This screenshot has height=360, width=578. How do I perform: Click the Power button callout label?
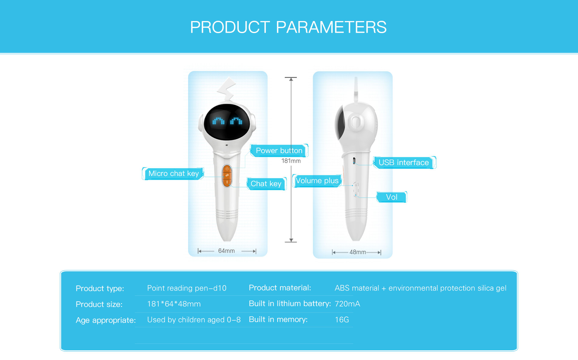[279, 150]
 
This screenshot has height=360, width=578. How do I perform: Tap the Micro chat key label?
[173, 174]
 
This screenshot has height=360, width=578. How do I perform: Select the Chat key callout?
[266, 183]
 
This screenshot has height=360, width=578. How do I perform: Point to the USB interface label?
[404, 162]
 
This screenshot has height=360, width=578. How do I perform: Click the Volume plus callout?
[317, 181]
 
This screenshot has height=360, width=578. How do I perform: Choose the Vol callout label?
[392, 197]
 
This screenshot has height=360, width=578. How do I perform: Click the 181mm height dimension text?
[291, 161]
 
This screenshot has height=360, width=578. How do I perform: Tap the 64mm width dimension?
[226, 251]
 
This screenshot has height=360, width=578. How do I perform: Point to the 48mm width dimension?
[358, 252]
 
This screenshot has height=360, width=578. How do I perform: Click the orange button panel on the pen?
[227, 176]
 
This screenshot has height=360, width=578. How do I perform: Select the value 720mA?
[347, 304]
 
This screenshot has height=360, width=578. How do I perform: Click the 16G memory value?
[342, 320]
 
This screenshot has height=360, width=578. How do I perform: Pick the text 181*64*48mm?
[174, 304]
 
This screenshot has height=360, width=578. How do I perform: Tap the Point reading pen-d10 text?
[187, 288]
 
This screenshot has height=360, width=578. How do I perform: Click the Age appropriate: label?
[106, 320]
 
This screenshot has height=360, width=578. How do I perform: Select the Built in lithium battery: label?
[290, 304]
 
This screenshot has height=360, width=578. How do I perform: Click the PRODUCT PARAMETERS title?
[288, 27]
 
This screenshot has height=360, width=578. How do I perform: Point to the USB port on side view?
[354, 161]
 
